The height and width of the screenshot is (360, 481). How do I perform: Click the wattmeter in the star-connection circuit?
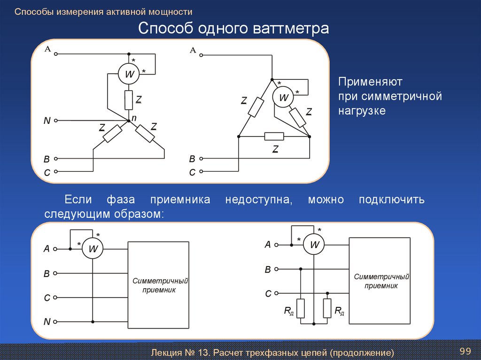(x=129, y=74)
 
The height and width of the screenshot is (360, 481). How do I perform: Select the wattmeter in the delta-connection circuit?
(x=284, y=98)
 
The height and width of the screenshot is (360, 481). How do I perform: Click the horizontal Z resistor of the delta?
(x=274, y=136)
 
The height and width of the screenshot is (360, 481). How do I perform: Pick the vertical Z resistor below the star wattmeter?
(x=129, y=100)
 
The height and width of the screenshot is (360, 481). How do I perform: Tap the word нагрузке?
(x=362, y=111)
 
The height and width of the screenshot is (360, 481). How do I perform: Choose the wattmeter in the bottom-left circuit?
(x=93, y=249)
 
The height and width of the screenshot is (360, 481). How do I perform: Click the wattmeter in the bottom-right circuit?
(x=314, y=245)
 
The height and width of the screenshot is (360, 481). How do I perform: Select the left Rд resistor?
(x=301, y=308)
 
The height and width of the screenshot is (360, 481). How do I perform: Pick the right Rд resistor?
(x=327, y=308)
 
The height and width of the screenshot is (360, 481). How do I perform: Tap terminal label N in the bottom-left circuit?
(x=47, y=322)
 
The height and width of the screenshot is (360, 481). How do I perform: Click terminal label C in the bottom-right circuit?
(x=268, y=294)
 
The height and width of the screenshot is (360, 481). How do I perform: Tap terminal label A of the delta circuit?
(x=193, y=50)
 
